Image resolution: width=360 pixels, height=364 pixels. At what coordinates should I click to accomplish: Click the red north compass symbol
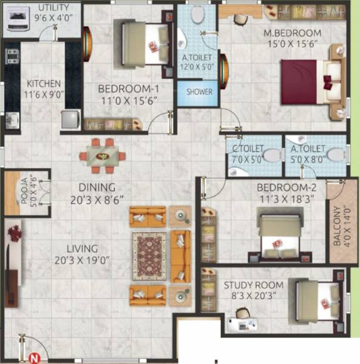click(x=35, y=358)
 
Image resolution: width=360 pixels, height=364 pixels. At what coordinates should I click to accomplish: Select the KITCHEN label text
click(x=43, y=84)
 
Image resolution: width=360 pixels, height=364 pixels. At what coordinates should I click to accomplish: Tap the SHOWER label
click(x=200, y=92)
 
